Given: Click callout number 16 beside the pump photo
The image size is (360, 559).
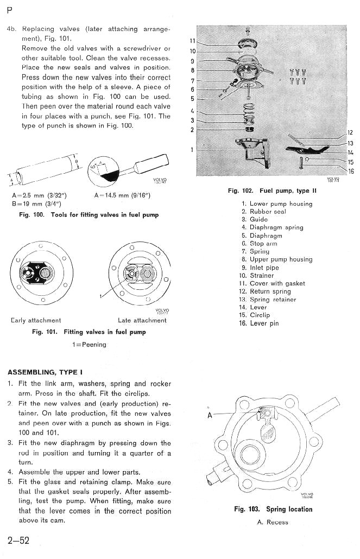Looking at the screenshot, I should pos(351,171).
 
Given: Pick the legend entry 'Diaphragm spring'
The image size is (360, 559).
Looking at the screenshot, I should pos(276,227).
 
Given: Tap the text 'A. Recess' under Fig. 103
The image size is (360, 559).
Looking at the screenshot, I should pos(273,522).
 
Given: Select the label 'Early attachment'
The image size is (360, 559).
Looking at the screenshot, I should pos(36,320).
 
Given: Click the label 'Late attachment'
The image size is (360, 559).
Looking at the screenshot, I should pos(142,320).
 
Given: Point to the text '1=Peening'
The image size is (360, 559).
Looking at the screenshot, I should pos(90,345).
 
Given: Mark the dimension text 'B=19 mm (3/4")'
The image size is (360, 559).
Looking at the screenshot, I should pos(36,204).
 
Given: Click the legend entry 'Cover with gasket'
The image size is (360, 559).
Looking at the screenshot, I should pos(277,283).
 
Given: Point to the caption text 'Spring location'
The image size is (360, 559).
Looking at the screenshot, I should pos(289,509).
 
